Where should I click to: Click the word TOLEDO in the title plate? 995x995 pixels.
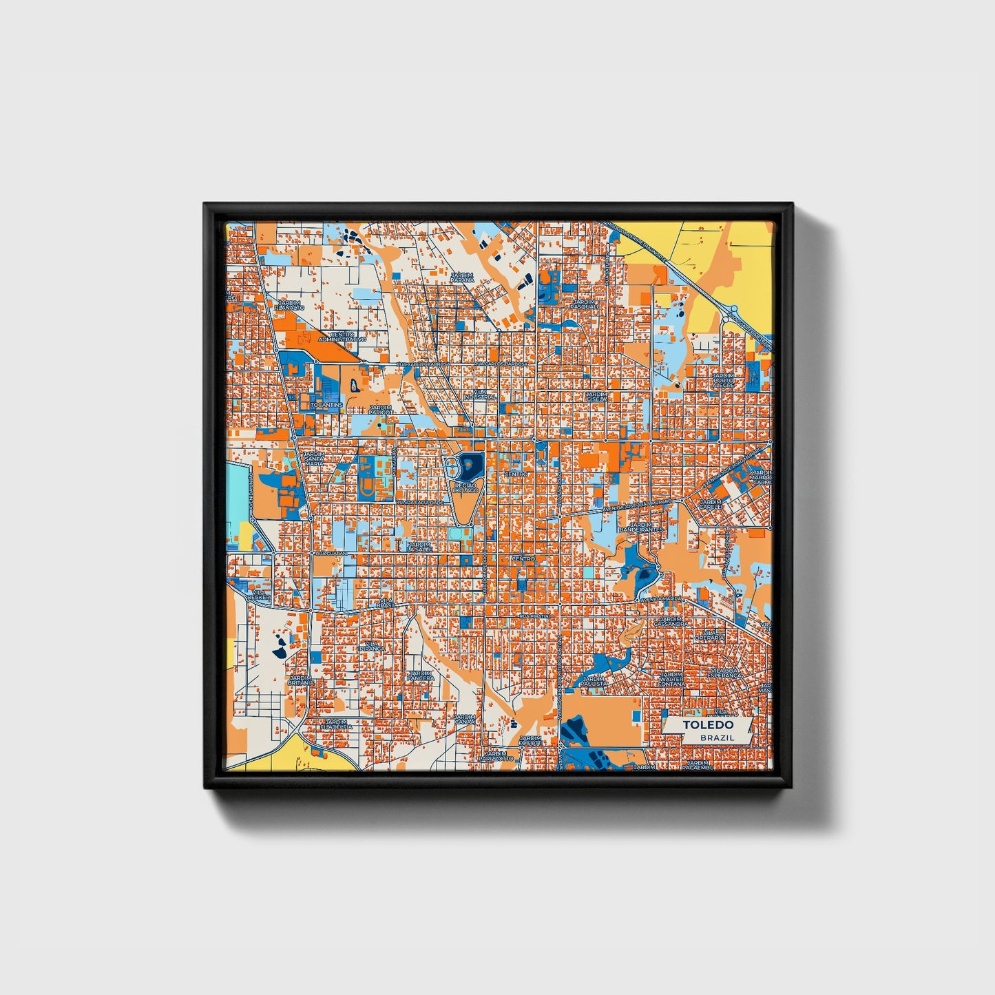point(707,725)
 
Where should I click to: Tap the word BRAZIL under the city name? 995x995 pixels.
point(716,737)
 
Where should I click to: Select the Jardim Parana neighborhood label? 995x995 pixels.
point(462,277)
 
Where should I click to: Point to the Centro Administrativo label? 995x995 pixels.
point(347,337)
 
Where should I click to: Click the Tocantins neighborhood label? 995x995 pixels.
point(326,405)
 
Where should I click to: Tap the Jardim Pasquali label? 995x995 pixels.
point(584,303)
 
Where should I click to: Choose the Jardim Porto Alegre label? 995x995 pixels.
point(723,380)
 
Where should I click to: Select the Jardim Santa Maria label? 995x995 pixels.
point(314,459)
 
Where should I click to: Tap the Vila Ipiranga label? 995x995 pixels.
point(371,645)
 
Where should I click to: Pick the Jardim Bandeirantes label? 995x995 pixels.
point(640,527)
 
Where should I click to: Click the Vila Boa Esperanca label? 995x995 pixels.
point(726,673)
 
